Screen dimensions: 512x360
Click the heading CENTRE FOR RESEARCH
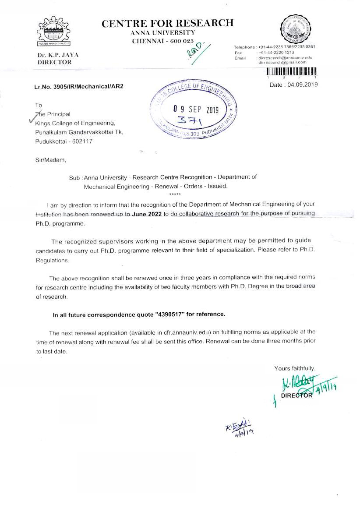tap(168, 24)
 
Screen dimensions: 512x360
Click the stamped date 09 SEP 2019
tap(195, 109)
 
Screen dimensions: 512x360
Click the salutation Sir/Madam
tap(50, 160)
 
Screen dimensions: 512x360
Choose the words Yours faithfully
tap(294, 368)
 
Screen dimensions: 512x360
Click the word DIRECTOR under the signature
tap(296, 395)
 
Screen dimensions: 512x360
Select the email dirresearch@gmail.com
tap(282, 62)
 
